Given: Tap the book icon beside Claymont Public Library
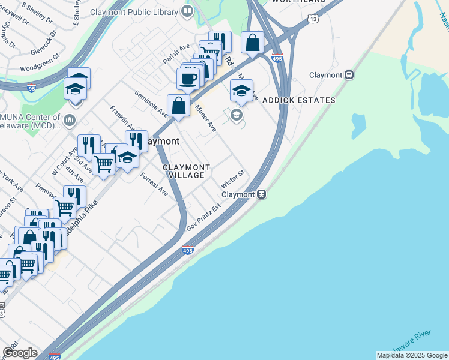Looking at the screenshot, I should [x=187, y=11].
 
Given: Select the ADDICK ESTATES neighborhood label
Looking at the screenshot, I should [x=298, y=100].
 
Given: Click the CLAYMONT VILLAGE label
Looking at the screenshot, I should [x=187, y=171].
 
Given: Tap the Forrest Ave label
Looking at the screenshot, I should [x=154, y=184].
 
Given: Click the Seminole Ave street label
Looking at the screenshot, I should [x=151, y=104].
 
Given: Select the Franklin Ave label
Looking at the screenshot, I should [x=122, y=118].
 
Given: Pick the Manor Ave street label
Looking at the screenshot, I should [x=205, y=118].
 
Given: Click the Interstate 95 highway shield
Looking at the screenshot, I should [x=31, y=88].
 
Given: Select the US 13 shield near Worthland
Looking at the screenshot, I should [x=313, y=19].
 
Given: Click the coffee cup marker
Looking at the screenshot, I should [x=188, y=78].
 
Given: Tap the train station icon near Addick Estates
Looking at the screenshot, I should [x=349, y=75].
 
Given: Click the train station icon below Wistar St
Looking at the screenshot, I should [x=262, y=194].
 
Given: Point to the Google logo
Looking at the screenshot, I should [x=20, y=353].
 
